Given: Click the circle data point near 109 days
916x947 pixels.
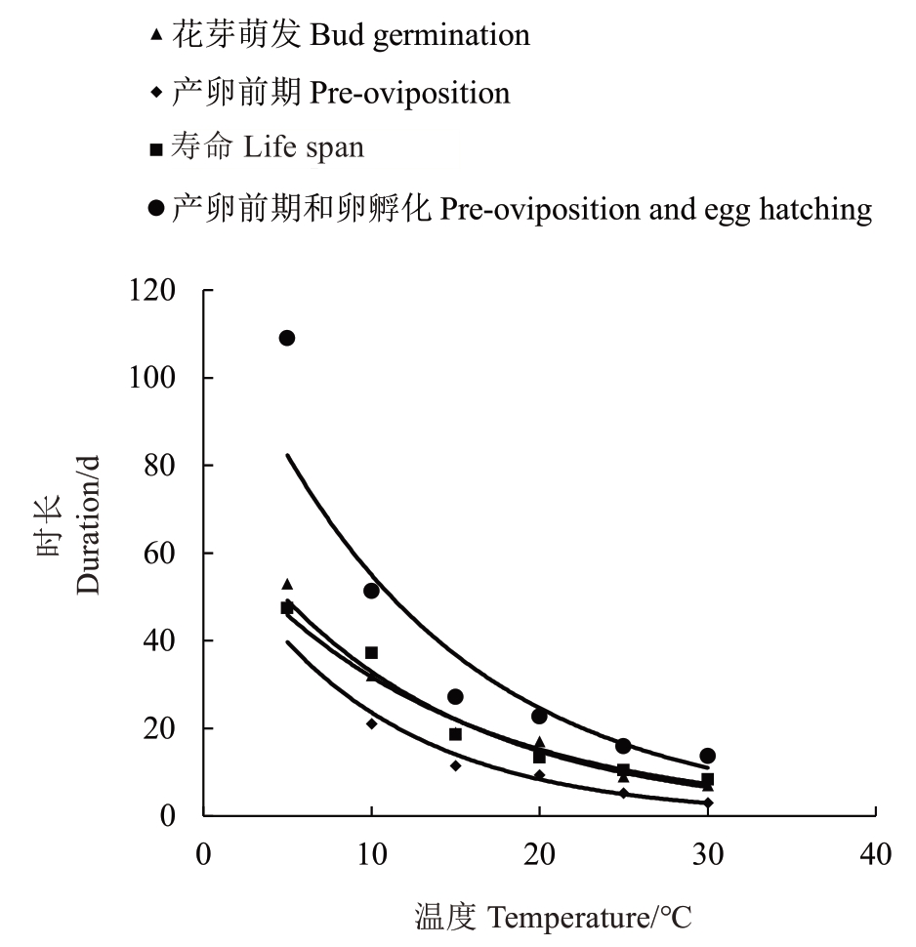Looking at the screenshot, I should click(287, 338).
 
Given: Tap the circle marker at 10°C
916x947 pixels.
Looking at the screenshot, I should click(371, 591).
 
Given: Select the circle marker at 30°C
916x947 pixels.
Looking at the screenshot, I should click(708, 756).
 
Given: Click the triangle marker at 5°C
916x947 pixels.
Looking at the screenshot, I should click(287, 584).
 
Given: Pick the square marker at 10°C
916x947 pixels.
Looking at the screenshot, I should click(371, 652).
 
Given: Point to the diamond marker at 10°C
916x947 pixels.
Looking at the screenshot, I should click(371, 723).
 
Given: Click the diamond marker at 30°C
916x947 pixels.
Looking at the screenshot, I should click(708, 803).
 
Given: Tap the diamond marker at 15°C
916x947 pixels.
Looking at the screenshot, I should click(455, 765).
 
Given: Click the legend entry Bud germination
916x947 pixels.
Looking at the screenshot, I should click(351, 36).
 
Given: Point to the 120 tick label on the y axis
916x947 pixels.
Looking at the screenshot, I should click(156, 291).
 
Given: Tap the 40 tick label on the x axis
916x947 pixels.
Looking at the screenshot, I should click(876, 854).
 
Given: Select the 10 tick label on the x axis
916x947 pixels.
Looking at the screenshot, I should click(371, 854).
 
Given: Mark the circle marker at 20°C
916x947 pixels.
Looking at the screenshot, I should click(539, 716).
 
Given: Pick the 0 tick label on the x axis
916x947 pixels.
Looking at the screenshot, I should click(203, 854).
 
